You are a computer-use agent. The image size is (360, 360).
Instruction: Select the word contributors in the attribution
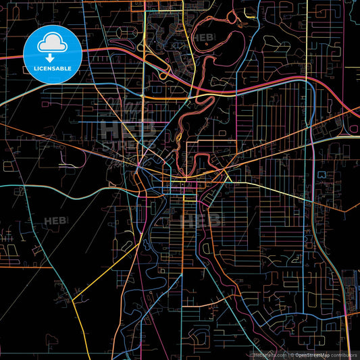tap(344, 355)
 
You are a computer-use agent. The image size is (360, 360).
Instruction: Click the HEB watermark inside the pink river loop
tap(204, 38)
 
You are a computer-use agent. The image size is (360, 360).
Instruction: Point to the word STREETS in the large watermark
tap(128, 144)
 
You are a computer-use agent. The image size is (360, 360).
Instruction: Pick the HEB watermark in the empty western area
tap(56, 221)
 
